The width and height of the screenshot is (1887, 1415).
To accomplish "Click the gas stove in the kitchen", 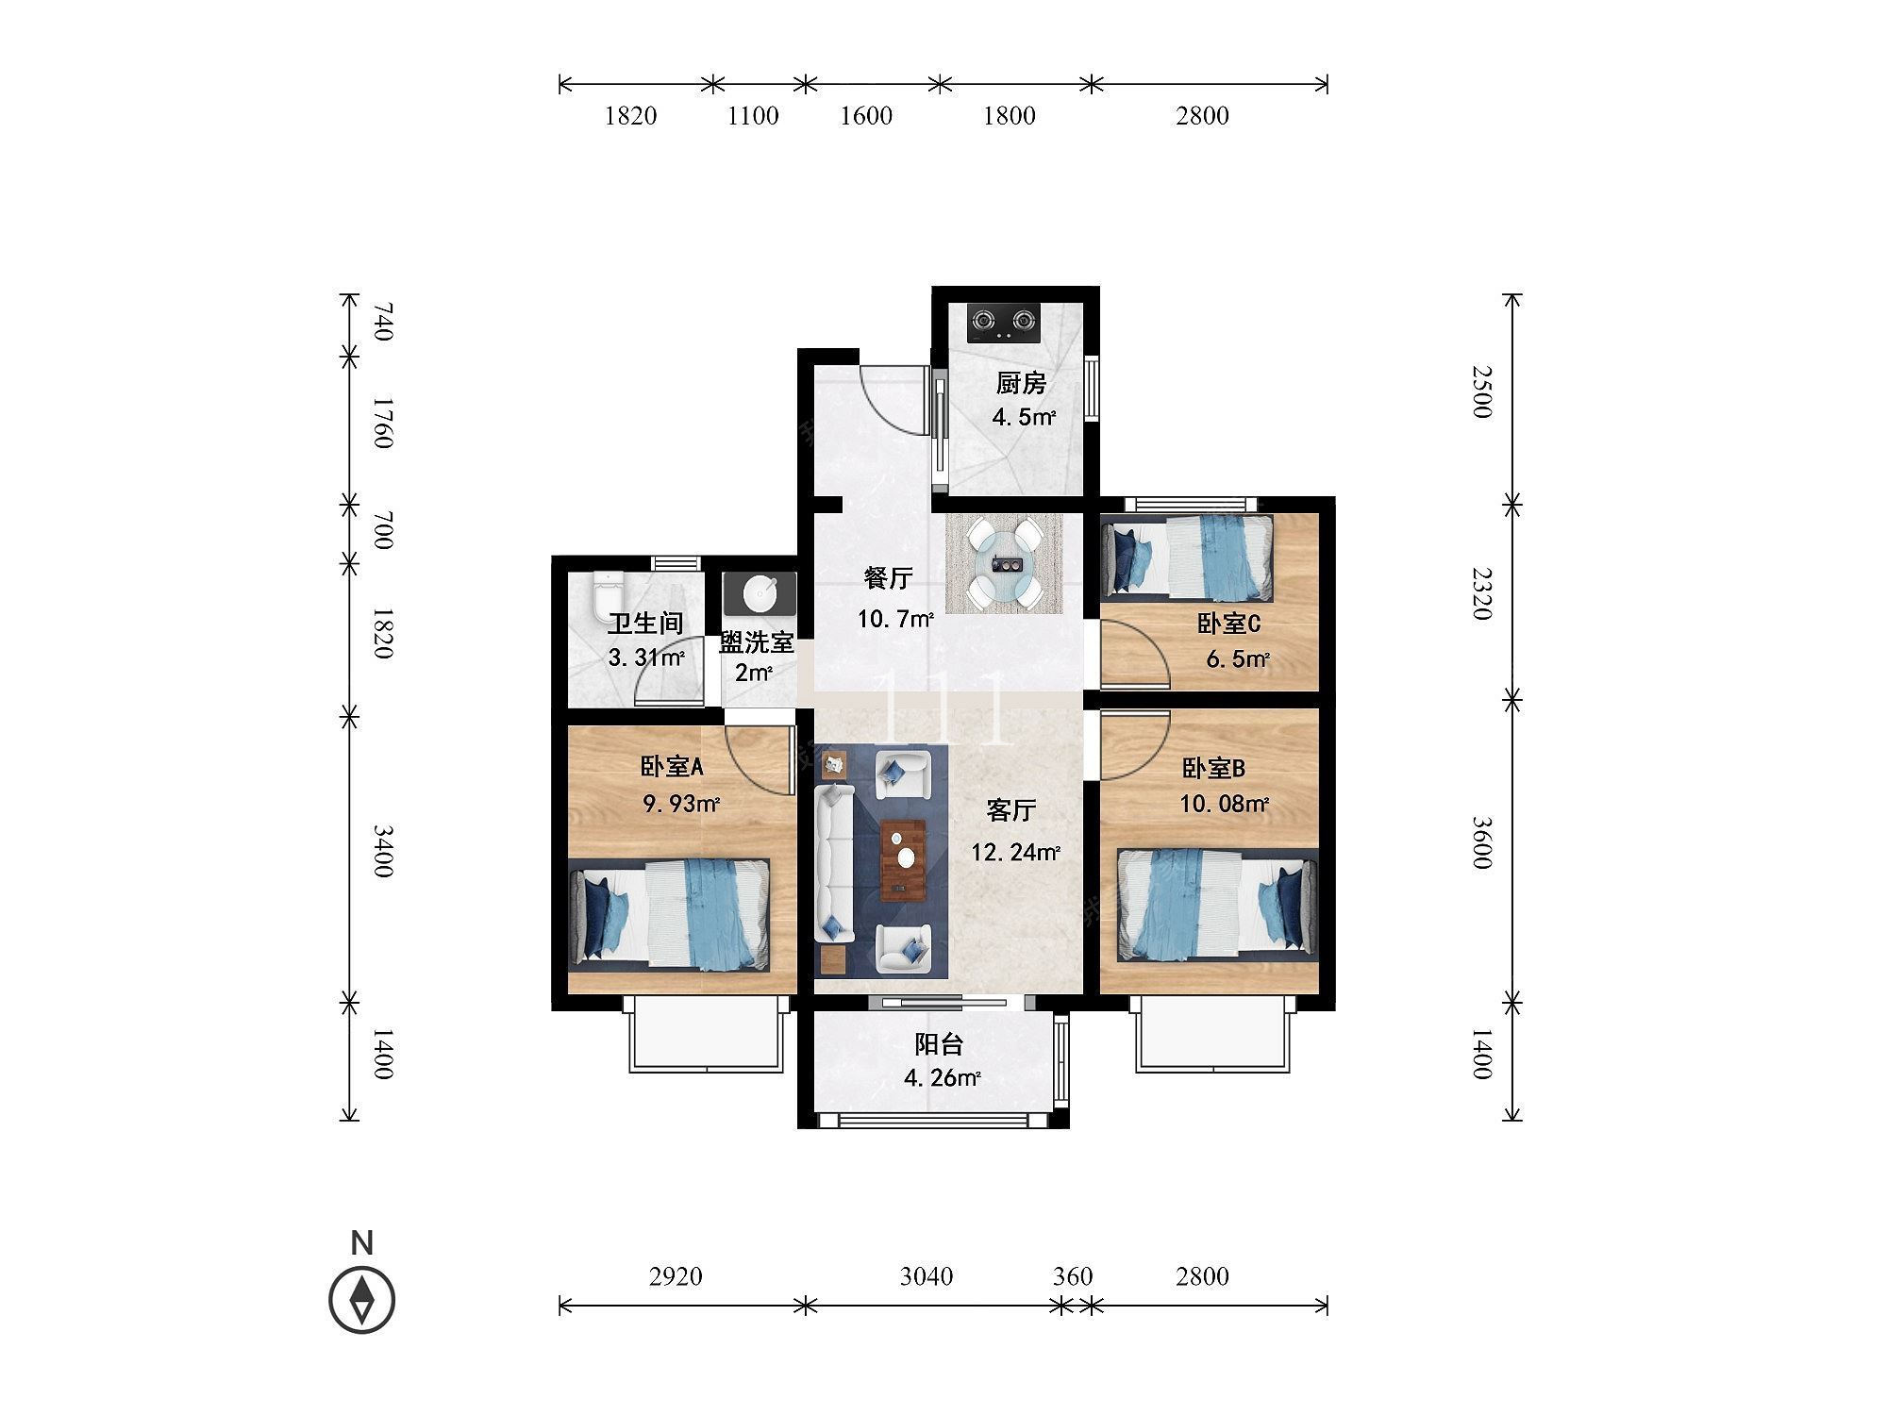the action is [x=1002, y=323].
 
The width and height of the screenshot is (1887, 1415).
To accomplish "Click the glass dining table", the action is [x=1005, y=564].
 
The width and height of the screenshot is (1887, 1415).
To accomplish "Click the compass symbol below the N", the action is [x=361, y=1301].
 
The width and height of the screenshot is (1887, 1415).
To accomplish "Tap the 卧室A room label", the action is [x=672, y=768].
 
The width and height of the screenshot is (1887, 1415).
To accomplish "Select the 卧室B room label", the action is [x=1213, y=769].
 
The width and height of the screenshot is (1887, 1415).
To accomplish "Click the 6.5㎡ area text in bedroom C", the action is [x=1238, y=659].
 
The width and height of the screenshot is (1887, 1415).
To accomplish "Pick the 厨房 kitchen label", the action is [x=1021, y=383].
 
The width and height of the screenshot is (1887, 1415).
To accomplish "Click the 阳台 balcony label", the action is [x=939, y=1044].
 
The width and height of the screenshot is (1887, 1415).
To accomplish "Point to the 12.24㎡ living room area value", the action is [x=1016, y=853].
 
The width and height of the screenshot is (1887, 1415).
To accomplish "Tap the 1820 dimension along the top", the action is [x=630, y=116].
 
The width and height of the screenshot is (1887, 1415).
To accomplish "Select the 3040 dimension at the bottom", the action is [x=927, y=1276].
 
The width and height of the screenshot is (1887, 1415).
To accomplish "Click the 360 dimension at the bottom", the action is [x=1073, y=1276].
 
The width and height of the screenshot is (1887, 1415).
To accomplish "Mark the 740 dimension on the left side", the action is [x=381, y=323].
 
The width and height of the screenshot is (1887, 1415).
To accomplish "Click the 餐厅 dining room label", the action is [x=889, y=576].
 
